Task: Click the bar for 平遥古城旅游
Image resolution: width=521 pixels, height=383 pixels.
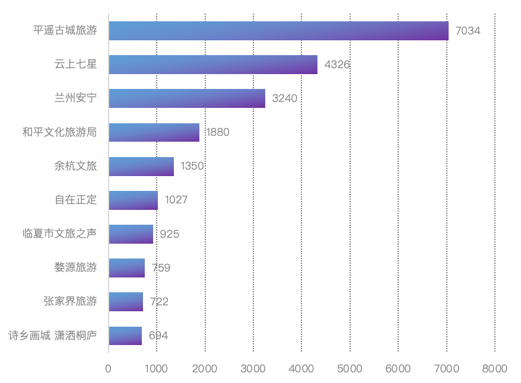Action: [x=278, y=31]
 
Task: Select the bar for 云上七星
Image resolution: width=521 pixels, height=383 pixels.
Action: [x=213, y=65]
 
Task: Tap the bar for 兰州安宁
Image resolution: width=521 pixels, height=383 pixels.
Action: [x=187, y=98]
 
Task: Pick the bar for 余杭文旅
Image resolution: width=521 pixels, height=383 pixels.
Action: [x=141, y=167]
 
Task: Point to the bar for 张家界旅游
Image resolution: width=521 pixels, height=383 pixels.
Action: [x=126, y=302]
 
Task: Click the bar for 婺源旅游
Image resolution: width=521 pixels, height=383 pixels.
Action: [x=126, y=268]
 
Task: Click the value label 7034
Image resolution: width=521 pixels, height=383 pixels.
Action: [x=468, y=31]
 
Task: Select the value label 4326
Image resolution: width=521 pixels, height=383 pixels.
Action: [x=337, y=65]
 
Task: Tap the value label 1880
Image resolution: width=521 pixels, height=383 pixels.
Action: [x=217, y=132]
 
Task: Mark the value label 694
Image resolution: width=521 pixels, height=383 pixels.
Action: [x=158, y=336]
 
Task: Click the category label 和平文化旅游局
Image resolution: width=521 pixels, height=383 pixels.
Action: [x=59, y=132]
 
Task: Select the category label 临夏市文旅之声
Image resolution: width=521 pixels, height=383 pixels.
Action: [x=59, y=234]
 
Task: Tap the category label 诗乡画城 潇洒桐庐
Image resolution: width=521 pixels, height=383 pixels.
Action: [x=52, y=336]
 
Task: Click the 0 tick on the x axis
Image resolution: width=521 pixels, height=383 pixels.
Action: [x=109, y=369]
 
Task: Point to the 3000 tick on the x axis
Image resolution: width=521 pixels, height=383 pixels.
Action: [x=253, y=369]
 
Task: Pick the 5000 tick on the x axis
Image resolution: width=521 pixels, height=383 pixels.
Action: [x=350, y=369]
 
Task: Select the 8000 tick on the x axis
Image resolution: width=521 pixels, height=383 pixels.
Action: [x=495, y=369]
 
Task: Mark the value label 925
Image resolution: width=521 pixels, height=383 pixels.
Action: [x=170, y=234]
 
